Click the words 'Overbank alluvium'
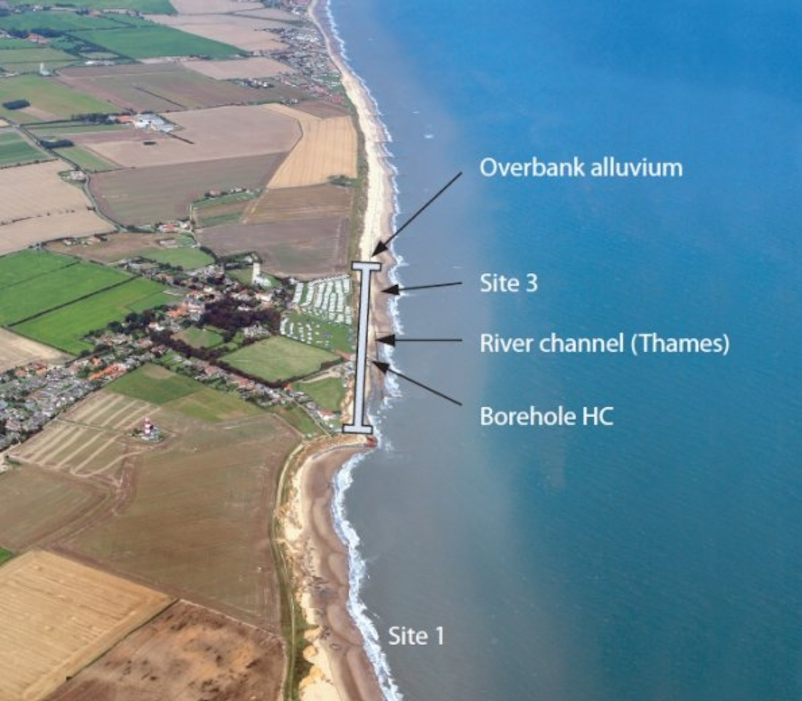pyautogui.click(x=581, y=168)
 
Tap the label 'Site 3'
pyautogui.click(x=509, y=283)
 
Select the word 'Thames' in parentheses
pyautogui.click(x=680, y=344)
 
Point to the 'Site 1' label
pyautogui.click(x=416, y=637)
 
